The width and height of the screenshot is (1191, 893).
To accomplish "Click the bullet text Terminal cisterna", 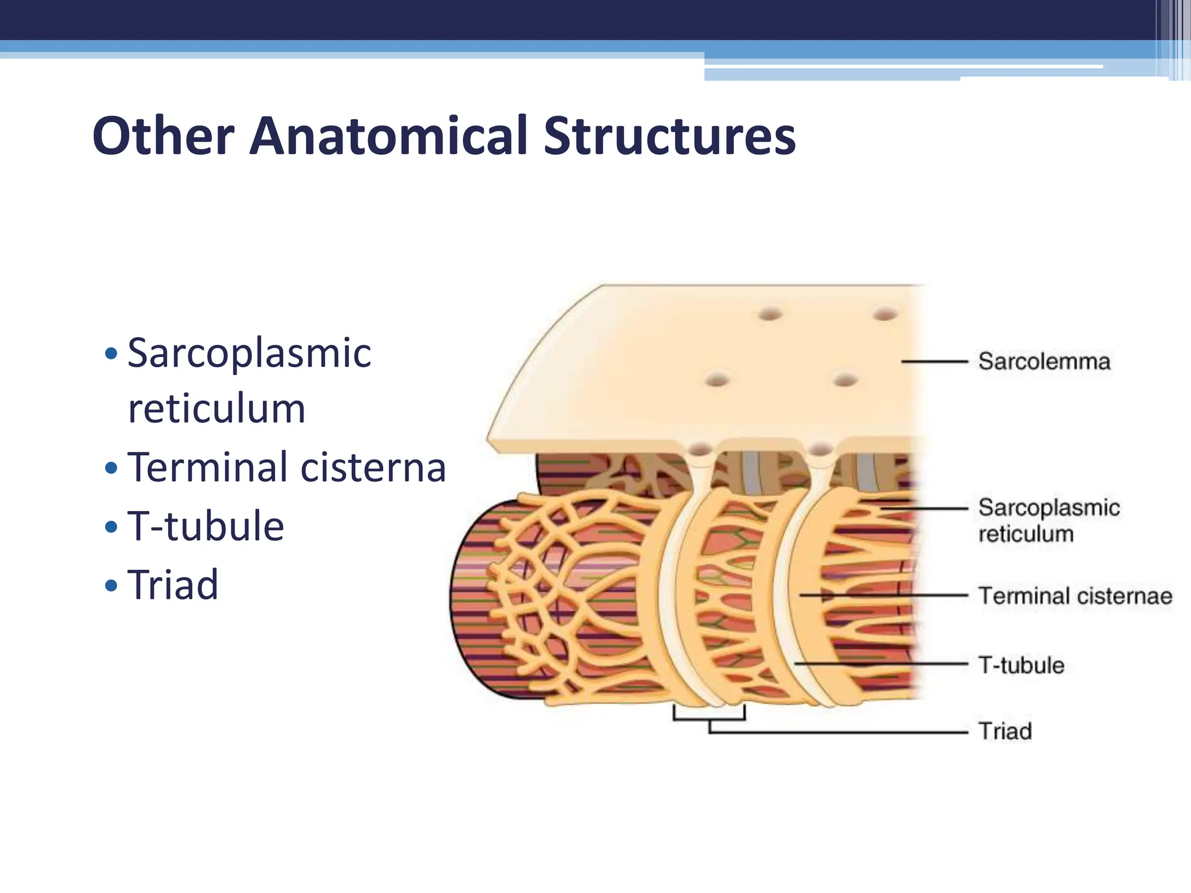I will tap(286, 467).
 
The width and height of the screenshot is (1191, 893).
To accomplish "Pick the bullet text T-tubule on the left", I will tap(205, 526).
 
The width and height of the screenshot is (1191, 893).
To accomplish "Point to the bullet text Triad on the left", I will tap(173, 584).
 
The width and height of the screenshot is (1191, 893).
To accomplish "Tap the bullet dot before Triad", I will tap(111, 585).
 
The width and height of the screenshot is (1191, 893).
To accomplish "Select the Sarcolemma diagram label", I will tap(1044, 362).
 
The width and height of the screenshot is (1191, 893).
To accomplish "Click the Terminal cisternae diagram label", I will tap(1075, 596).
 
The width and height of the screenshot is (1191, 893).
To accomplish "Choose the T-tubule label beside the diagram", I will tap(1021, 665).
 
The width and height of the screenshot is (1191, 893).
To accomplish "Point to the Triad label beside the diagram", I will tap(1005, 731).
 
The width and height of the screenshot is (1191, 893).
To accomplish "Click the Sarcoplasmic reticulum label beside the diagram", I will tap(1049, 520).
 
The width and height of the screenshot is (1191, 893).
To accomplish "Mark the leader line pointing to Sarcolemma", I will tap(934, 362).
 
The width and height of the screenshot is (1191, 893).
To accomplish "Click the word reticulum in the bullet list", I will tap(216, 409).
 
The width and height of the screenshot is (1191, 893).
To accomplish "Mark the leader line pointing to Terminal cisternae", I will tap(884, 595).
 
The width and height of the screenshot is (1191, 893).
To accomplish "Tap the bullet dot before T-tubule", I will tap(111, 527).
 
